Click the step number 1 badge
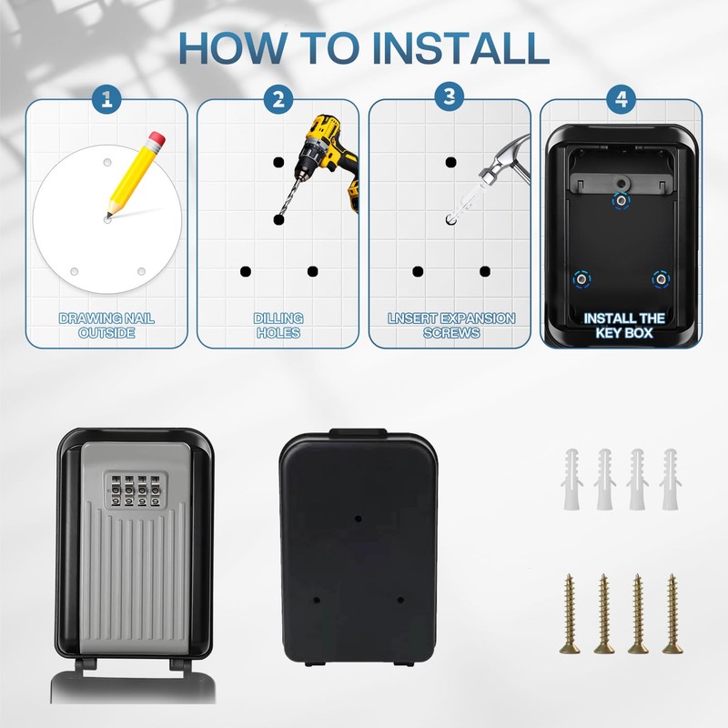[106, 98]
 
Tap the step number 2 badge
[278, 98]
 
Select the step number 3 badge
[450, 96]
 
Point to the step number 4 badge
[622, 98]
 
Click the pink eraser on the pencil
[157, 138]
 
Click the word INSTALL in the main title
[460, 47]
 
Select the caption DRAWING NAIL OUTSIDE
[106, 326]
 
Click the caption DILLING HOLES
[278, 326]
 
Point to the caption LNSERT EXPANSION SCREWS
[451, 326]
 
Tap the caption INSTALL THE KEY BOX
[624, 326]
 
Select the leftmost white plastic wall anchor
[572, 480]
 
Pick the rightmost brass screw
[672, 613]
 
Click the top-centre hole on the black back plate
[358, 518]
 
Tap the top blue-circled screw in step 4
[621, 201]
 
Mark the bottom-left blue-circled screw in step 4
[581, 279]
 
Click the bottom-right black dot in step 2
[312, 271]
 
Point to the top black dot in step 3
[450, 163]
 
